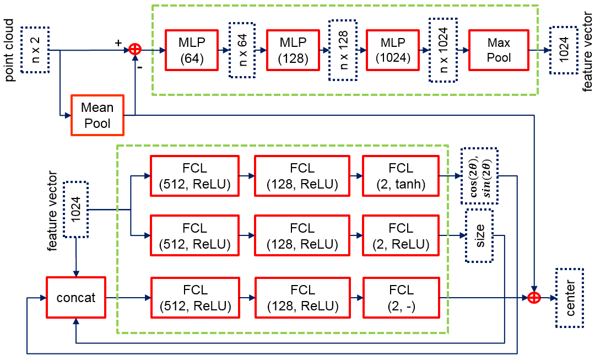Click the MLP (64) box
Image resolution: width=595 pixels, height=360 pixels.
coord(191,50)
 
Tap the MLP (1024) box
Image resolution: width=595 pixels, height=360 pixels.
coord(393,50)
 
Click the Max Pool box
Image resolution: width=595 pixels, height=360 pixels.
coord(499,50)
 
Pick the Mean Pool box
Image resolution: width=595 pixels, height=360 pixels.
coord(97,115)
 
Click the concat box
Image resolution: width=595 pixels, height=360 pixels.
coord(75,298)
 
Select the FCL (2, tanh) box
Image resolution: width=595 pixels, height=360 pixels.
coord(401,176)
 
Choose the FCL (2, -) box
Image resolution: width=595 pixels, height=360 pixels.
coord(401,298)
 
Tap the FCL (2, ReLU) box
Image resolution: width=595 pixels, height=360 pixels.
coord(401,235)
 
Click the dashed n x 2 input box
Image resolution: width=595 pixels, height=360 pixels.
coord(36,50)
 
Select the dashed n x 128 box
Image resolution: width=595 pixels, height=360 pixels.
coord(343,50)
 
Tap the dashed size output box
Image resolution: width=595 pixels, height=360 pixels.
coord(479,235)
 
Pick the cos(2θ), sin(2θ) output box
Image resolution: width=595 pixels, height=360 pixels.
coord(479,176)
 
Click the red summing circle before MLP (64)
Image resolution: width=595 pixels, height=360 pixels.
coord(135,50)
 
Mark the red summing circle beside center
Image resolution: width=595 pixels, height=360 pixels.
coord(533,298)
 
